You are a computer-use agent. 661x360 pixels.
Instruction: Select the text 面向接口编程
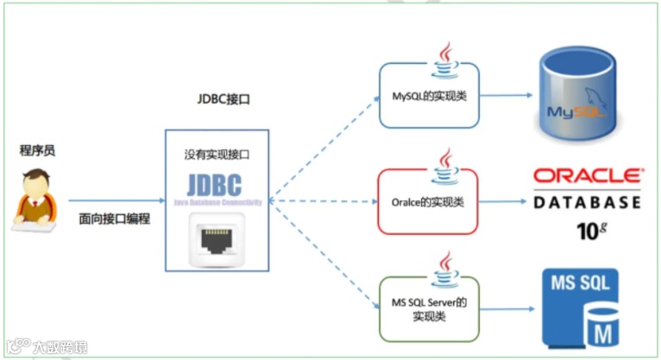115,218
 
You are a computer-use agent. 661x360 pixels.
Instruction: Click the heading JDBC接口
223,99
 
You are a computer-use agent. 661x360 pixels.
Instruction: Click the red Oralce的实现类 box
429,201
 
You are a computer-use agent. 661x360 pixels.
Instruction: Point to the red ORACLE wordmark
587,175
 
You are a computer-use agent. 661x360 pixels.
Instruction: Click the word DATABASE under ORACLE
587,203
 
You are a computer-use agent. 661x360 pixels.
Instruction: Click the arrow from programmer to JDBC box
116,200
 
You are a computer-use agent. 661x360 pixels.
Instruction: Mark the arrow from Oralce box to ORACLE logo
500,201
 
